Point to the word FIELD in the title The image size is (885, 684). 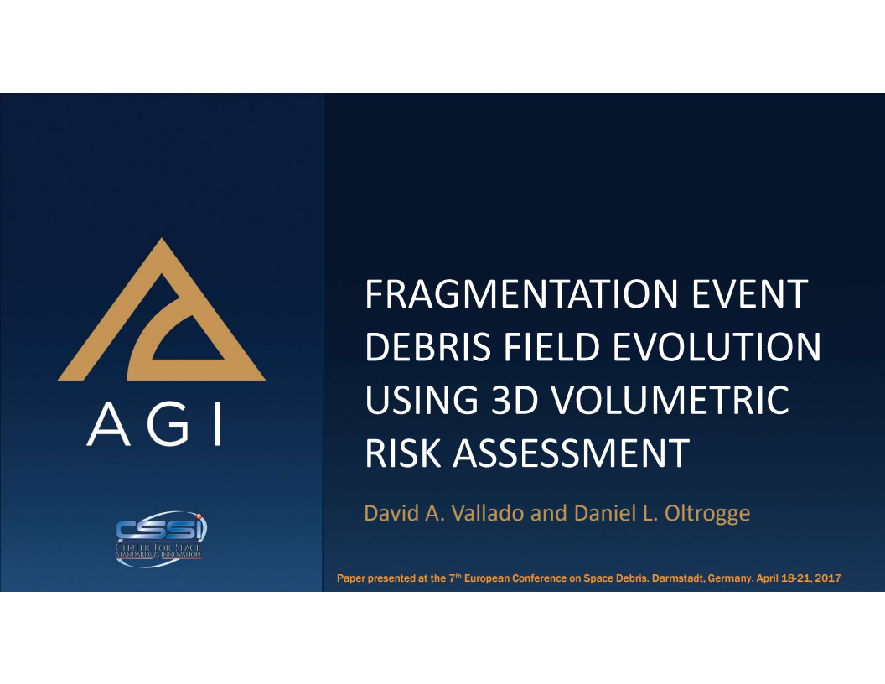[x=542, y=347]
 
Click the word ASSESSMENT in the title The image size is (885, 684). [x=572, y=453]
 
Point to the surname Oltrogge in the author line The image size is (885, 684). [x=706, y=512]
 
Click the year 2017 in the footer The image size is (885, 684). [x=827, y=578]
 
